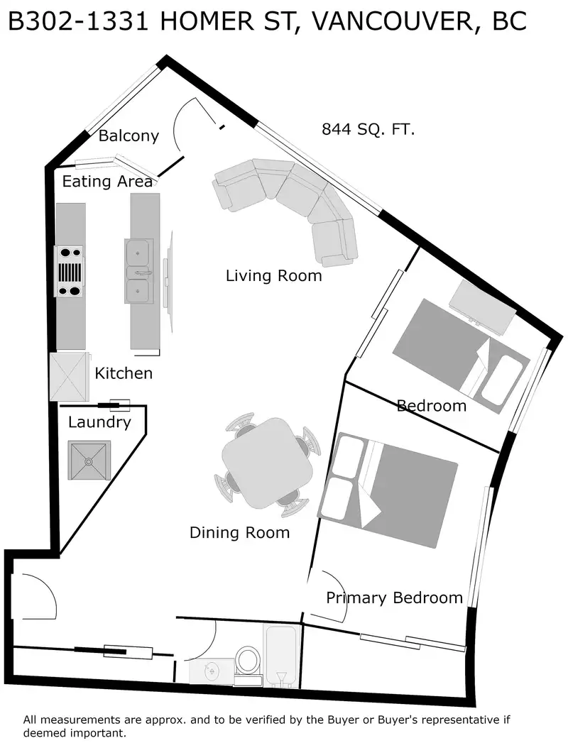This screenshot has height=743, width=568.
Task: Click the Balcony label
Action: point(129,136)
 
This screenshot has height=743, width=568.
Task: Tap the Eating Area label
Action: point(107,181)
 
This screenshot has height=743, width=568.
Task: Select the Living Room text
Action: point(273,275)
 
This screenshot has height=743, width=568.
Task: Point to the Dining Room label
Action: point(239,533)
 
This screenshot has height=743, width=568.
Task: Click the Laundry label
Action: point(99,422)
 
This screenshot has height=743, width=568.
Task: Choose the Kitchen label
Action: point(124,373)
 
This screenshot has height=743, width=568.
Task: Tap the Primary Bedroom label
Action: point(395,598)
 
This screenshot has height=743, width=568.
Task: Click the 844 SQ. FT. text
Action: point(368,129)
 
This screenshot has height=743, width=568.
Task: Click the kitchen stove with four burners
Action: point(70,271)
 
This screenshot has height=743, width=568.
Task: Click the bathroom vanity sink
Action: point(212,671)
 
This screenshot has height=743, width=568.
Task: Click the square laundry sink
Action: point(89,461)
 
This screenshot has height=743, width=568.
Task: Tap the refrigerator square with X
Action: point(69,377)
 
